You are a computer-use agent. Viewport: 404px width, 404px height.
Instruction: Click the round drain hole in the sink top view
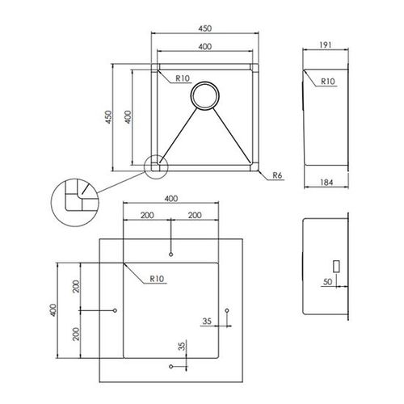tap(204, 95)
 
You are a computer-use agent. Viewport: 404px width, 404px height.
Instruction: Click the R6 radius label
tap(276, 175)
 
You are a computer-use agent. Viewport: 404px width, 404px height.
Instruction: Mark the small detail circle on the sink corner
tap(154, 166)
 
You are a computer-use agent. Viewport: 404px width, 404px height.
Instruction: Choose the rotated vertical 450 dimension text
tap(107, 118)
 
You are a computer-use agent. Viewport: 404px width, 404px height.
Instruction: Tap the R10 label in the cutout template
tap(157, 280)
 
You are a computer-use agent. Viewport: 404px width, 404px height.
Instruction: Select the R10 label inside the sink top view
tap(182, 79)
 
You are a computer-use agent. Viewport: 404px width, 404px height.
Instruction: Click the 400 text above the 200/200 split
tap(170, 198)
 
